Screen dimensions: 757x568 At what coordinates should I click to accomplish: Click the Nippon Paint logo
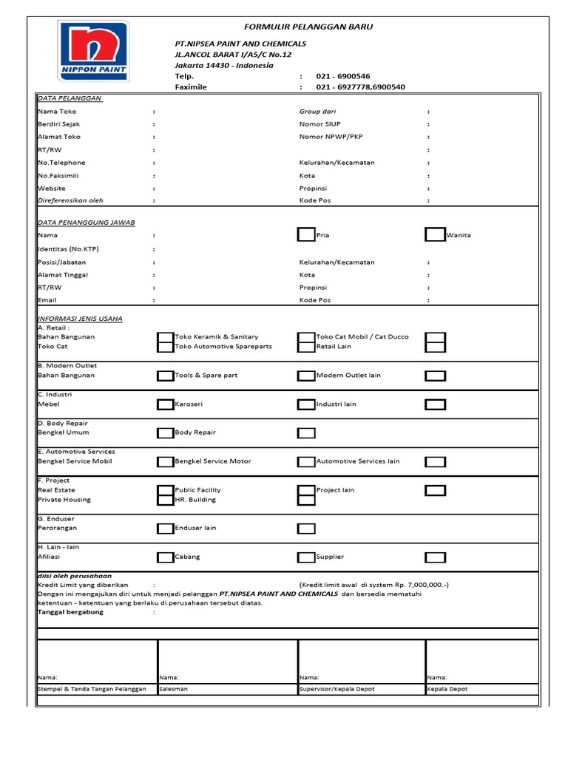(x=94, y=51)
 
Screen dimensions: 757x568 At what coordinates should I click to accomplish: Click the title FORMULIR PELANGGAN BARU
(x=308, y=27)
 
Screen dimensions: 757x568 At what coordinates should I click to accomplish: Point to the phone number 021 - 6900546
(x=343, y=76)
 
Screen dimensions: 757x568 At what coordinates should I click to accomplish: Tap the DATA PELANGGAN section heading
(x=70, y=98)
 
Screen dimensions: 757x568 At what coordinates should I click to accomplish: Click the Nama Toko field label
(x=57, y=112)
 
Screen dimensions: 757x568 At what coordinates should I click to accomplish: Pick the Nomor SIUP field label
(x=320, y=124)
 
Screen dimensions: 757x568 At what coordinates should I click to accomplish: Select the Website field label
(x=52, y=189)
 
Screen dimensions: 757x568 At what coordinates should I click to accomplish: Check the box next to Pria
(x=305, y=235)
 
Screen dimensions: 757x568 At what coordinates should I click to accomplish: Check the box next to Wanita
(x=435, y=235)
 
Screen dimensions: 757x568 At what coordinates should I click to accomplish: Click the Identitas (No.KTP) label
(x=68, y=249)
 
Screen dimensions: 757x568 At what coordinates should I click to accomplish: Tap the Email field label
(x=47, y=301)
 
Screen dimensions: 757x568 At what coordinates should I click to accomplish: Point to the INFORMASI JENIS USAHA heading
(x=80, y=319)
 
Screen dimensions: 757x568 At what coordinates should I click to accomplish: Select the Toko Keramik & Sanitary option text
(x=217, y=337)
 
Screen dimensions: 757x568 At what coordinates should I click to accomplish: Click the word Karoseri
(x=189, y=404)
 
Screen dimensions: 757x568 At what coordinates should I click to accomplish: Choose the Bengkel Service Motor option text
(x=213, y=461)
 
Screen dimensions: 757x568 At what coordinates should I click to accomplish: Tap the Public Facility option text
(x=197, y=490)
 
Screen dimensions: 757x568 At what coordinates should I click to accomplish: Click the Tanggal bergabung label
(x=71, y=612)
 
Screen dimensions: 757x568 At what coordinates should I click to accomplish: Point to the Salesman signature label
(x=174, y=689)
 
